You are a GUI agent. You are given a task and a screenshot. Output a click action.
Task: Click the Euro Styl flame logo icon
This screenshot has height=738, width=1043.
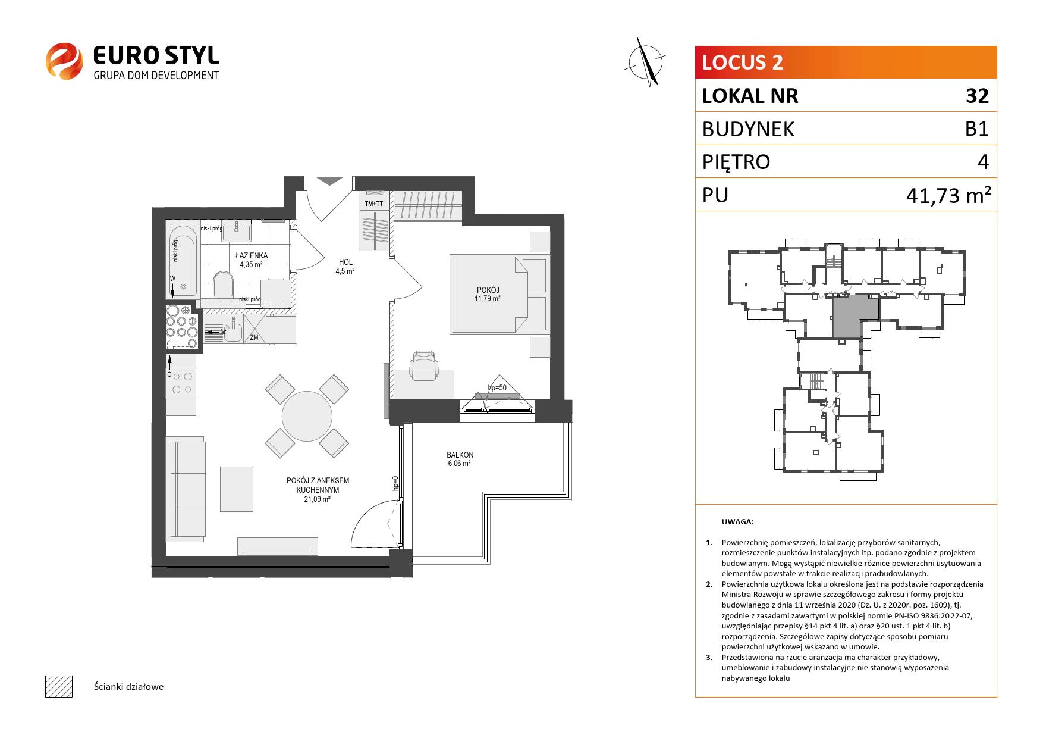64,61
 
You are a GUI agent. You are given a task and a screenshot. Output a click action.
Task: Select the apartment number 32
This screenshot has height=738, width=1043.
977,96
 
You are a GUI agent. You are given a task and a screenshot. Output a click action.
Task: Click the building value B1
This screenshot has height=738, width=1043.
977,129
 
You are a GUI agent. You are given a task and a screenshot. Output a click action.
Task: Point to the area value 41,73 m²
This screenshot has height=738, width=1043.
948,195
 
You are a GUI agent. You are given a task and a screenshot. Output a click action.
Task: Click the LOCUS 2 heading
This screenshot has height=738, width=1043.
743,62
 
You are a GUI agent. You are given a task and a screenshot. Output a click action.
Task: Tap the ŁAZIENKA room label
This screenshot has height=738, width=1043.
252,256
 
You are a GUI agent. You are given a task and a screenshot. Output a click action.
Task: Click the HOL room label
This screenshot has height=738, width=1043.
345,262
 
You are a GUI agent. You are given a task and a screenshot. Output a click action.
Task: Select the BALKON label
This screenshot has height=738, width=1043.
460,455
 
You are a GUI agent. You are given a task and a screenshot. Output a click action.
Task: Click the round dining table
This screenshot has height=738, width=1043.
307,415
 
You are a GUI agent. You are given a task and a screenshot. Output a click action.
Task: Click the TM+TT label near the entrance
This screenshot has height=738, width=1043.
374,204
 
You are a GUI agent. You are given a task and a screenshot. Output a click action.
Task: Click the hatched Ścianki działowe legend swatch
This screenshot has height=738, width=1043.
58,686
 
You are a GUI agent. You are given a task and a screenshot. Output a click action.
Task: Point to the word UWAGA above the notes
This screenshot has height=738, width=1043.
737,522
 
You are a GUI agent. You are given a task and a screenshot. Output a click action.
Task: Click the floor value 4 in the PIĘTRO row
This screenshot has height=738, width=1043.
983,162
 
